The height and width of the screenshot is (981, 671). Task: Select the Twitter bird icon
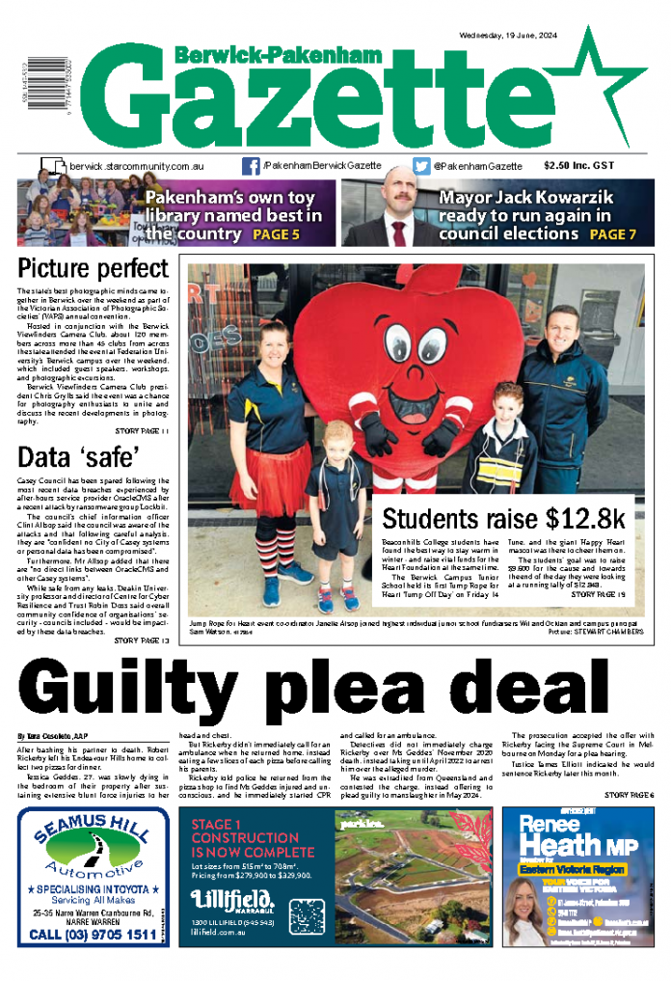(421, 166)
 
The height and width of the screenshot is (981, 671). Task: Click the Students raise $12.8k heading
(503, 519)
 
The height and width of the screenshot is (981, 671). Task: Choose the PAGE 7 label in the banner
(613, 234)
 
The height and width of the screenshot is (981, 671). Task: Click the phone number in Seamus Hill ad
(93, 934)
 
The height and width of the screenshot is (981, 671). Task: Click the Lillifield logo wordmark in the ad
(228, 900)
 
